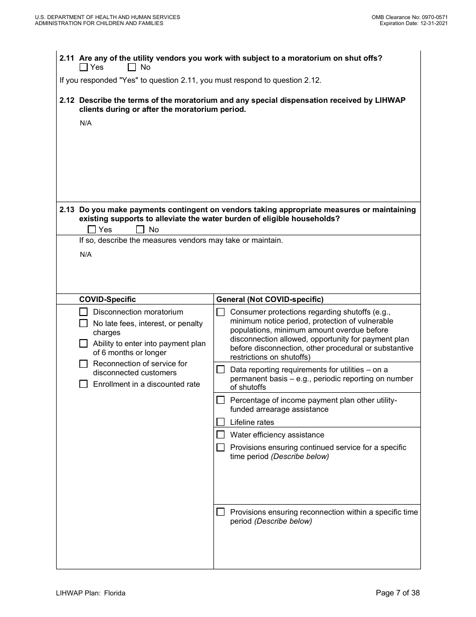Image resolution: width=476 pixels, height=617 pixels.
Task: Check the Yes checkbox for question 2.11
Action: [84, 67]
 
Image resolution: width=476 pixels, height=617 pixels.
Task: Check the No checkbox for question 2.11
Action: [132, 67]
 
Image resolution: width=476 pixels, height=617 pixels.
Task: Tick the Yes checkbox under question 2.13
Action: [92, 230]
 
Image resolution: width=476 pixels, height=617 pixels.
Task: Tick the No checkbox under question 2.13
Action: [140, 230]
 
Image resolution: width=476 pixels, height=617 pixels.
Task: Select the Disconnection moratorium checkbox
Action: [84, 312]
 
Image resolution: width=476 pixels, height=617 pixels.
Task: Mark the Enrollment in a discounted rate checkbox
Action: [84, 384]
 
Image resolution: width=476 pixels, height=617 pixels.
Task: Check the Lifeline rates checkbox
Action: [220, 422]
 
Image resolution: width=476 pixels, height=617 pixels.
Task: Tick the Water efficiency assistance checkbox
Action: [220, 435]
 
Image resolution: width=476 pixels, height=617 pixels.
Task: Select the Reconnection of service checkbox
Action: [84, 364]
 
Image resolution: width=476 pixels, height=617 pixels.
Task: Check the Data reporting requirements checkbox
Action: [220, 370]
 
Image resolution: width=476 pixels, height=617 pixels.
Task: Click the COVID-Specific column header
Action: [107, 299]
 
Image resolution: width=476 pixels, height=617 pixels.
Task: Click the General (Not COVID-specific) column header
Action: [270, 299]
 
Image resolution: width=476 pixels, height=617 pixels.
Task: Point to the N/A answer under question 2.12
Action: [86, 123]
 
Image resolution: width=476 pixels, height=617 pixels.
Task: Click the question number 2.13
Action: [67, 210]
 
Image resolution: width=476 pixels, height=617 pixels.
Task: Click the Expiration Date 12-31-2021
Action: [433, 23]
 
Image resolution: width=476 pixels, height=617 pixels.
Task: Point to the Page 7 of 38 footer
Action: [397, 593]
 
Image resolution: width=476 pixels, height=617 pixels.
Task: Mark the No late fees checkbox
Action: [84, 324]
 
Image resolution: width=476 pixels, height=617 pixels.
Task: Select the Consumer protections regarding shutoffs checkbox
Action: [220, 312]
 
